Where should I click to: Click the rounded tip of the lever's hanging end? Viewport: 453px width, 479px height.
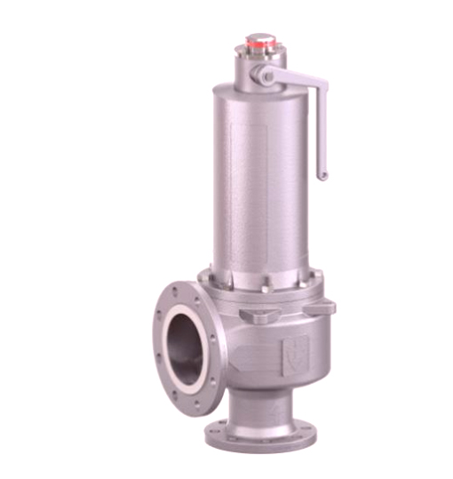click(322, 176)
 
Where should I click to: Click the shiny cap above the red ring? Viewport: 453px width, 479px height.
click(260, 36)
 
